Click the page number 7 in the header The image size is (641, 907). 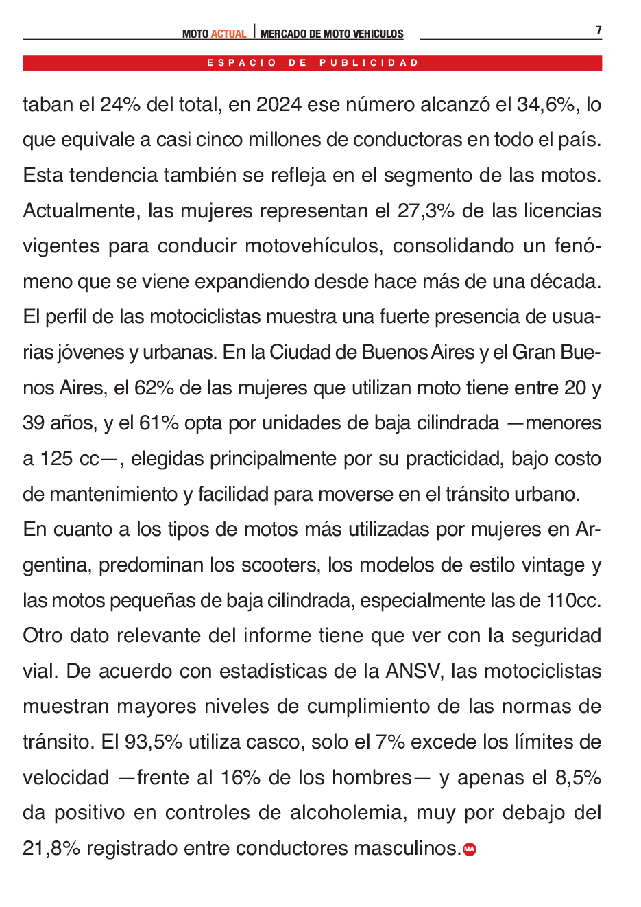click(x=598, y=30)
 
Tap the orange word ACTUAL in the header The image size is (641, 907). click(x=228, y=34)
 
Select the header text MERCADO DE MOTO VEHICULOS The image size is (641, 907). click(x=332, y=34)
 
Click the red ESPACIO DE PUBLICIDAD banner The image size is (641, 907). click(x=313, y=63)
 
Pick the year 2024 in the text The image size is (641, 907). click(x=278, y=105)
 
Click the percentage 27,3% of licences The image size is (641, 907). click(x=426, y=211)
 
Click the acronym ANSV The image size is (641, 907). click(x=413, y=672)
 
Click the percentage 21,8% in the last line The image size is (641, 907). click(x=51, y=849)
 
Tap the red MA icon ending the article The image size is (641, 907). click(x=470, y=849)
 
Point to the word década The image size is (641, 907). click(x=566, y=282)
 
